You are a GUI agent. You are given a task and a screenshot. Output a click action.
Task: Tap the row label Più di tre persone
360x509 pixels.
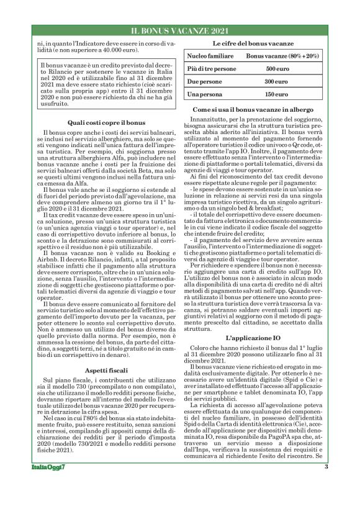[x=212, y=69]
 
